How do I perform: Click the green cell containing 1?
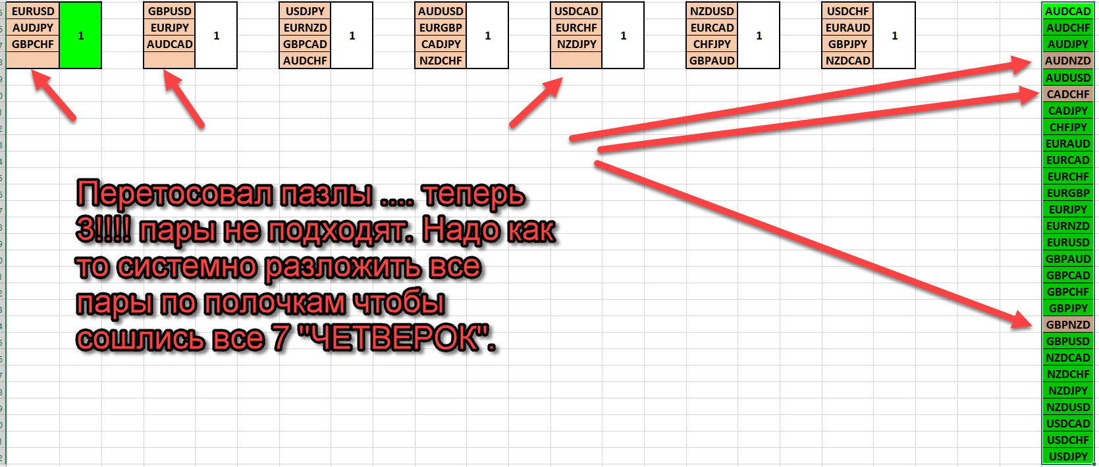(x=80, y=36)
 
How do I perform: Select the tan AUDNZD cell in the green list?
(x=1067, y=61)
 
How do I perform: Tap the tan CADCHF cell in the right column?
(x=1067, y=94)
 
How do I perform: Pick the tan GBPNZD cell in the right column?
(x=1067, y=325)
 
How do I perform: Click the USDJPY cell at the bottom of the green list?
(x=1067, y=456)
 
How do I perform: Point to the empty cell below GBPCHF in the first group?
(x=33, y=61)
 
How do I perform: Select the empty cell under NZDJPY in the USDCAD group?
(x=576, y=61)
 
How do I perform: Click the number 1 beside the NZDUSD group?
(x=759, y=36)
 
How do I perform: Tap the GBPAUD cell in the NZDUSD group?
(x=712, y=61)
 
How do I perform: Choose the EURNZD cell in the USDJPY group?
(x=305, y=28)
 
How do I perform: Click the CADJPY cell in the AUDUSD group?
(x=441, y=44)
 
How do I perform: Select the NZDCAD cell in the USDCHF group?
(x=848, y=61)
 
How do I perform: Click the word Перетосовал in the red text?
(x=174, y=194)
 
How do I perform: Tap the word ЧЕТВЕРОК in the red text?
(x=396, y=339)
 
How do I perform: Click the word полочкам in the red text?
(x=275, y=303)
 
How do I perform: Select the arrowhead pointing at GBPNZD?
(x=1021, y=320)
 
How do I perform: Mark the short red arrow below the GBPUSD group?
(x=183, y=98)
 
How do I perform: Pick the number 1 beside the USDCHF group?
(x=894, y=36)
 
